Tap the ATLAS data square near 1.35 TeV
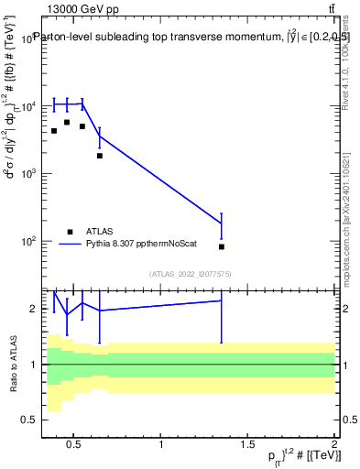[x=222, y=246]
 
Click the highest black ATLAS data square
[x=67, y=122]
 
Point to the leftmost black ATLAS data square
[x=54, y=131]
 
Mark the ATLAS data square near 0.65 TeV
[x=100, y=156]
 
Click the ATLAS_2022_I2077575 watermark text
[x=191, y=273]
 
